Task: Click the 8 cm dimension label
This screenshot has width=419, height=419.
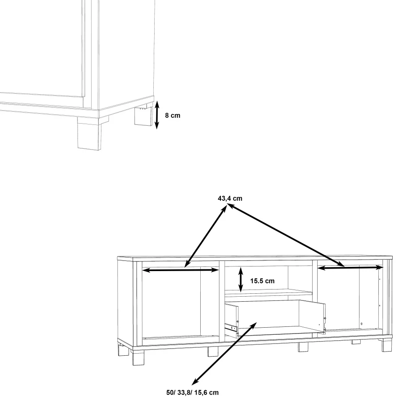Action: click(x=173, y=116)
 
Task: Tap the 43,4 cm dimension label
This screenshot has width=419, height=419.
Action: click(x=230, y=199)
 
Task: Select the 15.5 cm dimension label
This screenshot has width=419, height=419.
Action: click(x=262, y=281)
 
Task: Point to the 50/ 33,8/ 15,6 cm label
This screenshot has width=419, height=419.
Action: click(x=192, y=393)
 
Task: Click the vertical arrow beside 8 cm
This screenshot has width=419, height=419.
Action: click(x=157, y=115)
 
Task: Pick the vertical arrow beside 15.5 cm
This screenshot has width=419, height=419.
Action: click(x=241, y=279)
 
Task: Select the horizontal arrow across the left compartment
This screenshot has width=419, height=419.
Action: click(x=181, y=270)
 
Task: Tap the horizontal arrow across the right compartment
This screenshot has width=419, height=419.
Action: click(x=351, y=267)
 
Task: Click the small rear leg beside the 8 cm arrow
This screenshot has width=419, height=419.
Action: click(x=143, y=116)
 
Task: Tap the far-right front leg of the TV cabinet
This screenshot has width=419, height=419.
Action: click(x=387, y=345)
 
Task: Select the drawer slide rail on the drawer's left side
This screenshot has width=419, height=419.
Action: click(x=231, y=327)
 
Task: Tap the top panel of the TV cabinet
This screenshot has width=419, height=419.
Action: click(x=255, y=258)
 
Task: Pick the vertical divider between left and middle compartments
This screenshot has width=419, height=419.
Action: click(x=222, y=301)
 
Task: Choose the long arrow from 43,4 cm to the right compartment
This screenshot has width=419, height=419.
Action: click(x=286, y=235)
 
